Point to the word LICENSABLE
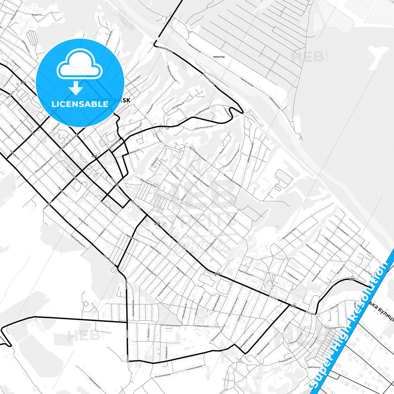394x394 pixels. (80, 104)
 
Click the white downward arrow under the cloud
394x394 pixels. (76, 88)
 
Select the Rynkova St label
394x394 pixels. (134, 151)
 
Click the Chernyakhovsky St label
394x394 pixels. (78, 241)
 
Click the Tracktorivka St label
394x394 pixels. (202, 326)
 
